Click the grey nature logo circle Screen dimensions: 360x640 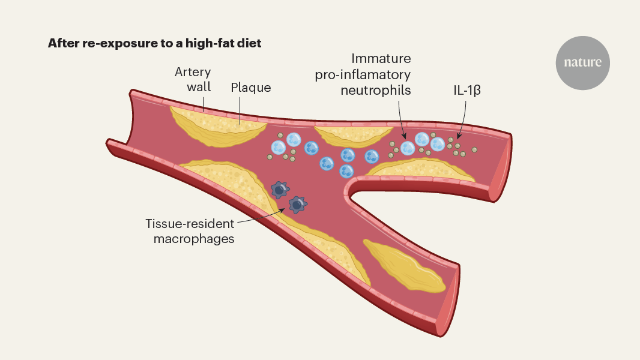(582, 62)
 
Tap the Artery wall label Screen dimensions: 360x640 (193, 79)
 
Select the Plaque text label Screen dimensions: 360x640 (251, 88)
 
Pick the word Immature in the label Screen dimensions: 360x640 (381, 59)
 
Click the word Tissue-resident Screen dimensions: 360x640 (190, 224)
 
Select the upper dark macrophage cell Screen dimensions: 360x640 (279, 190)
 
